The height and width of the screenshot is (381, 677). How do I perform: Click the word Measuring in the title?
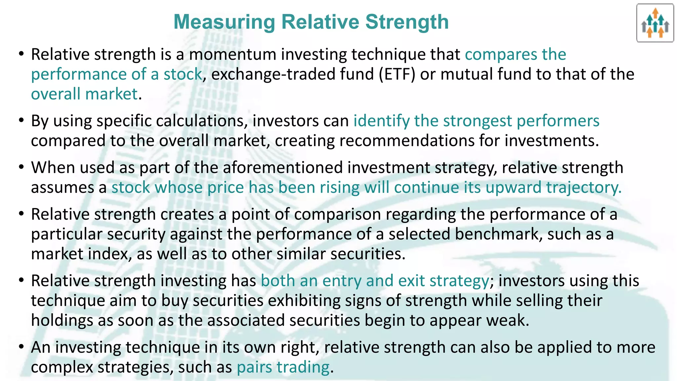click(224, 22)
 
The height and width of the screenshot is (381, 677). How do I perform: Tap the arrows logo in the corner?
click(655, 23)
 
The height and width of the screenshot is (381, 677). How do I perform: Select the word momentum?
click(232, 55)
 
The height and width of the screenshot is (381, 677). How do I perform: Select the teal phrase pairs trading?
click(283, 367)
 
